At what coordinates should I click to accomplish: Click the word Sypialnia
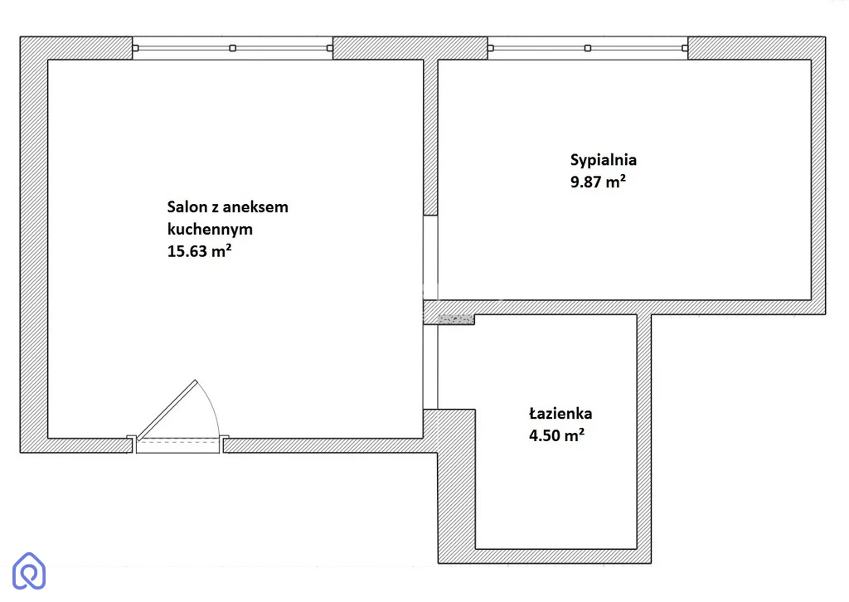[x=604, y=160]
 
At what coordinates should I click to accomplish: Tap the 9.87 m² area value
[x=598, y=182]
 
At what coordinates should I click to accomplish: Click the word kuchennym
[x=210, y=230]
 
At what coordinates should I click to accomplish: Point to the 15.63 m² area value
[x=199, y=251]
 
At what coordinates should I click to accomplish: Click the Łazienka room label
[x=560, y=414]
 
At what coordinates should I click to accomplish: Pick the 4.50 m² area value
[x=556, y=435]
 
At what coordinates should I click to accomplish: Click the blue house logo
[x=29, y=570]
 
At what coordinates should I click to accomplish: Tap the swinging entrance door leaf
[x=166, y=410]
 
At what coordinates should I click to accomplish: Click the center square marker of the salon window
[x=232, y=48]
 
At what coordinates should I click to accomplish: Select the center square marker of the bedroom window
[x=588, y=48]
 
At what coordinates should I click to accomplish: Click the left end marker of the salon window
[x=135, y=48]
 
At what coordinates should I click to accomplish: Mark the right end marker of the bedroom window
[x=684, y=48]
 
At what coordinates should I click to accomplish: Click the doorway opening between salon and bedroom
[x=430, y=258]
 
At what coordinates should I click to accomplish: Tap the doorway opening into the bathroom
[x=430, y=367]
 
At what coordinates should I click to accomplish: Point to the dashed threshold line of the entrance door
[x=177, y=442]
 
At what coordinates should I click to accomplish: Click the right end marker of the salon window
[x=330, y=48]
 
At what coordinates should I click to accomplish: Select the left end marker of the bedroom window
[x=491, y=48]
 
